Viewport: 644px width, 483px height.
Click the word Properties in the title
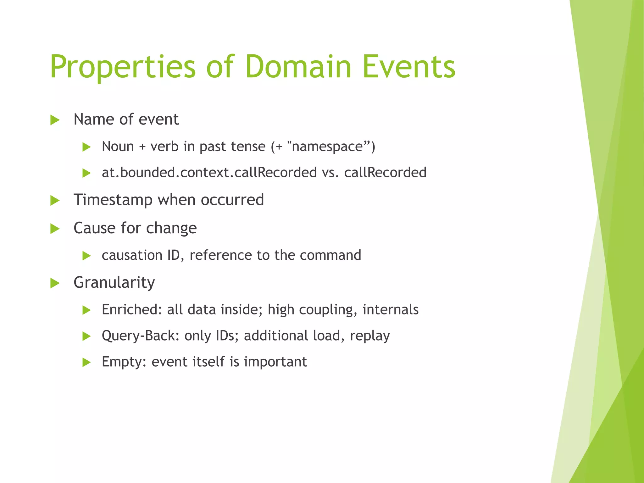coord(123,67)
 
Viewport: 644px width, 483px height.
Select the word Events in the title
coord(409,67)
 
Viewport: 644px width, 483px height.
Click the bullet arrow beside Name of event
coord(55,120)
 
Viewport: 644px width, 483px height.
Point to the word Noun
coord(118,147)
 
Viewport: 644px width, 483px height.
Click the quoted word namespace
coord(327,147)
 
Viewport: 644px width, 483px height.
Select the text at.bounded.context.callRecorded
coord(209,173)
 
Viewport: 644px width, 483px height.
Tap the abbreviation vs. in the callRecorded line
coord(330,173)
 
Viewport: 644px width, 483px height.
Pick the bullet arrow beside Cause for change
coord(55,229)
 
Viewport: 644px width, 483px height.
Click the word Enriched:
coord(132,310)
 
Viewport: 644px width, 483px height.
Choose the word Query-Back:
coord(141,336)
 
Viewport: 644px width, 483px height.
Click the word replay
coord(370,336)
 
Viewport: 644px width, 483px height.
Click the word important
coord(275,362)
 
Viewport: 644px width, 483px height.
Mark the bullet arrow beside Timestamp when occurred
coord(55,201)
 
